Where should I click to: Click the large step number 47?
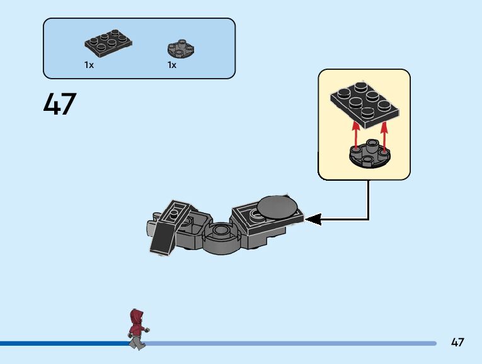[x=60, y=104]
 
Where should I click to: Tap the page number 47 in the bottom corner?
[x=457, y=343]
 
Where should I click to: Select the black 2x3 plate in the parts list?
[x=108, y=44]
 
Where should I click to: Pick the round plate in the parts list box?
[x=181, y=48]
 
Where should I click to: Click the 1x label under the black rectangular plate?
[x=89, y=65]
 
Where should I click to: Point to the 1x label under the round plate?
[x=172, y=65]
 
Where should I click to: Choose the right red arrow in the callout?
[x=384, y=135]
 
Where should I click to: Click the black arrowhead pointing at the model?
[x=313, y=219]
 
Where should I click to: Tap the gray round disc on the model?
[x=278, y=207]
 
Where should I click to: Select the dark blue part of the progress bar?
[x=63, y=343]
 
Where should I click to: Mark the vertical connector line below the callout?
[x=369, y=198]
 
